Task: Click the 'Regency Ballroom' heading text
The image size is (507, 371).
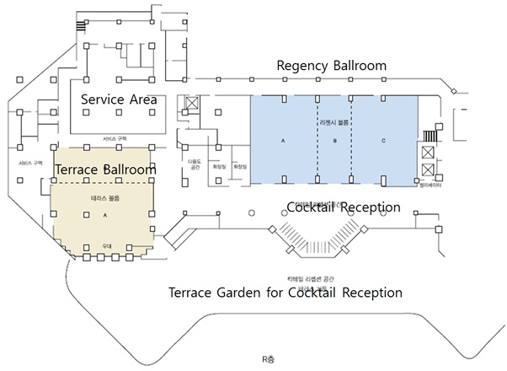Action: click(x=331, y=66)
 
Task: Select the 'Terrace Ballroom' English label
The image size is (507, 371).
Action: click(x=105, y=169)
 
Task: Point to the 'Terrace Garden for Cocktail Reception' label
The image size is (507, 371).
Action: click(x=286, y=293)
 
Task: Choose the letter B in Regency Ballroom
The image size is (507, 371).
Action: click(x=334, y=142)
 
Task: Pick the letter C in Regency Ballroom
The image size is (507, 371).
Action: click(x=384, y=142)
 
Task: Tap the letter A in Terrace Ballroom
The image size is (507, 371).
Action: click(x=104, y=214)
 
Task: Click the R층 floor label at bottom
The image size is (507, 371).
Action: click(x=268, y=358)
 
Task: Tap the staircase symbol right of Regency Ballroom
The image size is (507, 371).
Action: click(x=433, y=135)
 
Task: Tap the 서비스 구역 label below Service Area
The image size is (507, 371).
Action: click(x=115, y=138)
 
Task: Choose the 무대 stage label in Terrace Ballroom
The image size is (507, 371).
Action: click(x=106, y=246)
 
